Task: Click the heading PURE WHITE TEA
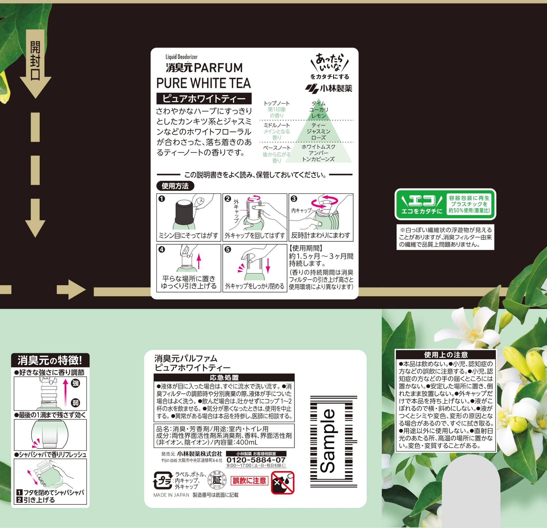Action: [x=204, y=83]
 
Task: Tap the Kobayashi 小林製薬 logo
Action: [x=329, y=88]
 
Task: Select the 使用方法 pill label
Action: [x=175, y=186]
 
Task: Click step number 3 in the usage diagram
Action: [x=294, y=199]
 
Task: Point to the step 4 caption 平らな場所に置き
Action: [x=189, y=278]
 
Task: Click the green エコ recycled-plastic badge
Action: [x=446, y=204]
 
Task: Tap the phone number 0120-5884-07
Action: [x=256, y=460]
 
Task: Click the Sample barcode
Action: [x=334, y=441]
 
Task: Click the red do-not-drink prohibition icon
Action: [x=282, y=483]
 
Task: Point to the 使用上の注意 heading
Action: [x=446, y=355]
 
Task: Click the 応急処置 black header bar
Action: [x=224, y=377]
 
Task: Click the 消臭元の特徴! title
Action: [x=50, y=360]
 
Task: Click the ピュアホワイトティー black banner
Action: [x=204, y=99]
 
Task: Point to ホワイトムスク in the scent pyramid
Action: [x=318, y=147]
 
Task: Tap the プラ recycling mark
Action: [x=163, y=480]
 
